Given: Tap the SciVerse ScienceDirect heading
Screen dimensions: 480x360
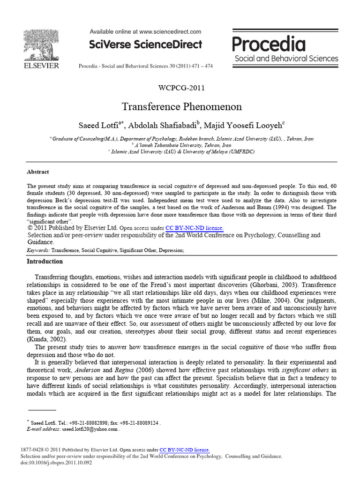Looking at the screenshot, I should [146, 45].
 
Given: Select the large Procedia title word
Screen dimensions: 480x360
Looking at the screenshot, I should [269, 45].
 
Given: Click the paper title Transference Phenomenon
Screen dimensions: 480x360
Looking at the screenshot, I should [182, 107].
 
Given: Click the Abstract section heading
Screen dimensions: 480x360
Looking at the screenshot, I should [37, 172].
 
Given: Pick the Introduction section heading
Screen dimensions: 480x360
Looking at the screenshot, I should [45, 262].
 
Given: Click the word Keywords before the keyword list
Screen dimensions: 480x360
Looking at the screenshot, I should [38, 251].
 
